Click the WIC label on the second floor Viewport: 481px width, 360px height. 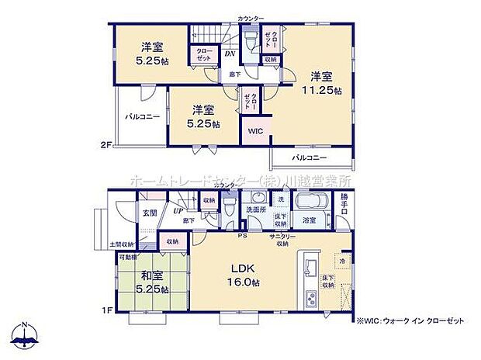tap(255, 132)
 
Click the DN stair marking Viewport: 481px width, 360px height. tap(230, 54)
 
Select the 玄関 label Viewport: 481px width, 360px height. tap(149, 213)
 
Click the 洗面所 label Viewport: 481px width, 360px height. tap(257, 209)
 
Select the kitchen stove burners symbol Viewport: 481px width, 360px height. tap(312, 298)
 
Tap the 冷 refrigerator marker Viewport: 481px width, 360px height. tap(342, 261)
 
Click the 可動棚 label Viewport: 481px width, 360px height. tap(128, 257)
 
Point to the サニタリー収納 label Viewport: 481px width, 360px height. tap(282, 238)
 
